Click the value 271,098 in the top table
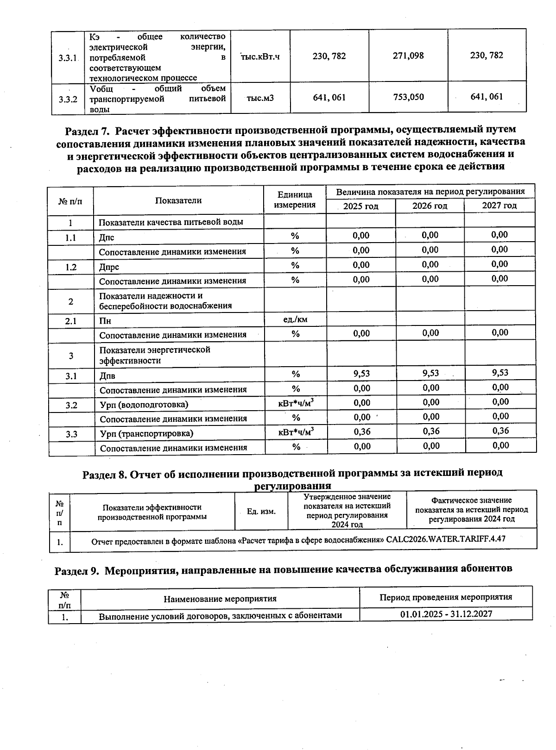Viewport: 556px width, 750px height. (x=408, y=56)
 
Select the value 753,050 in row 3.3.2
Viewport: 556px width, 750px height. (x=408, y=97)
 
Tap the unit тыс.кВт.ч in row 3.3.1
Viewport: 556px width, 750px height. (x=260, y=56)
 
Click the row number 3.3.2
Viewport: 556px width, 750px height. (x=68, y=99)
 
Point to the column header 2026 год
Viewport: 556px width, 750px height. (x=430, y=206)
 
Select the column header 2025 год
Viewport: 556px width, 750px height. (x=360, y=206)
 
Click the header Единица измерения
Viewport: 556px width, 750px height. (x=295, y=200)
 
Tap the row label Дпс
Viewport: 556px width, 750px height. (x=107, y=238)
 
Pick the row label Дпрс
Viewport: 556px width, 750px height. (x=109, y=267)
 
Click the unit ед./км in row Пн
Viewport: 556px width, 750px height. (x=295, y=319)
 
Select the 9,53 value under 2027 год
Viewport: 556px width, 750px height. (x=500, y=373)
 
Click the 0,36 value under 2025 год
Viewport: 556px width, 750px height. (x=361, y=431)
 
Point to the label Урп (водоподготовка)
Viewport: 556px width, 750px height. (x=144, y=405)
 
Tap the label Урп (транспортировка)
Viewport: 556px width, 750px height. (x=146, y=434)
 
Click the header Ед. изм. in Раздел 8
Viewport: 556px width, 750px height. (x=261, y=512)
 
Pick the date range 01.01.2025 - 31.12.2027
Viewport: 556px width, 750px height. (x=446, y=614)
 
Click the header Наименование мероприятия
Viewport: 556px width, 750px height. (x=220, y=599)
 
